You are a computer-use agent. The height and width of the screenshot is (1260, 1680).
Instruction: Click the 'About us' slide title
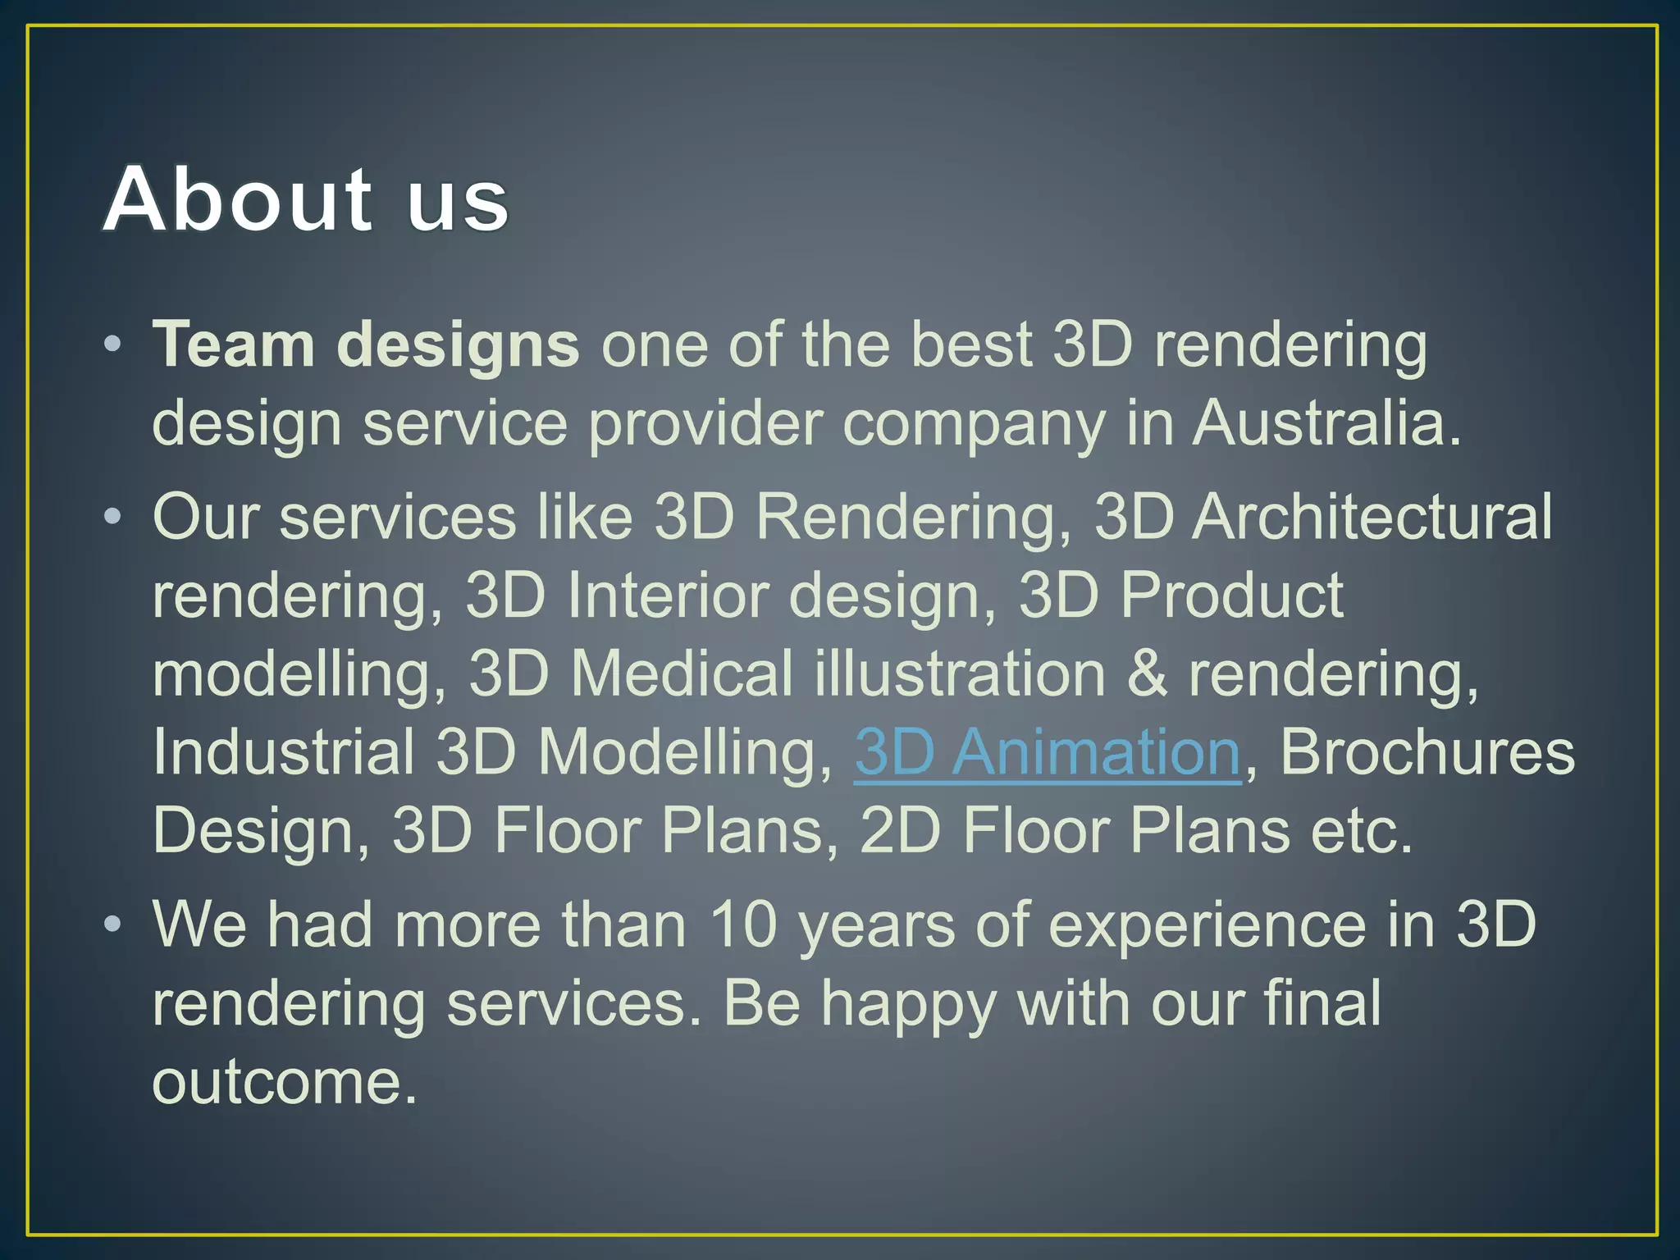pyautogui.click(x=305, y=199)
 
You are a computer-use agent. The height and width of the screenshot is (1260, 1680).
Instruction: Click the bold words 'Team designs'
pyautogui.click(x=366, y=345)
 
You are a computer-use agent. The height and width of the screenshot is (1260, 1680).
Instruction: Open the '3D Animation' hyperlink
pyautogui.click(x=1047, y=751)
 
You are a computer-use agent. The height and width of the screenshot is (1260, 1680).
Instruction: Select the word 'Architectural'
pyautogui.click(x=1372, y=517)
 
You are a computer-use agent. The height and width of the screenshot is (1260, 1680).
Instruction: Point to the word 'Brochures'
pyautogui.click(x=1427, y=751)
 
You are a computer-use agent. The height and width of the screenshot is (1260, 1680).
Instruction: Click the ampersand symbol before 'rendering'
pyautogui.click(x=1147, y=674)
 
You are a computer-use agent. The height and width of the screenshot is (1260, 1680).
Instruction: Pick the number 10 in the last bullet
pyautogui.click(x=742, y=925)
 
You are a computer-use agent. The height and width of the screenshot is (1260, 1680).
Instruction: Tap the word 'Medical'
pyautogui.click(x=682, y=674)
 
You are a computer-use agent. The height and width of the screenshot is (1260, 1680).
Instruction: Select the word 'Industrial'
pyautogui.click(x=284, y=751)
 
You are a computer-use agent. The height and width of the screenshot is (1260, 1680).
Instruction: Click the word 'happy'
pyautogui.click(x=909, y=1004)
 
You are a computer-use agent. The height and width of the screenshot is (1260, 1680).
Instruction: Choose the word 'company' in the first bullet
pyautogui.click(x=974, y=425)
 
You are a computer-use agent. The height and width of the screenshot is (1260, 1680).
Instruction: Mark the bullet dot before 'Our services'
pyautogui.click(x=113, y=517)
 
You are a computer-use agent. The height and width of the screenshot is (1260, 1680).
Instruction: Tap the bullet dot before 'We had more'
pyautogui.click(x=113, y=924)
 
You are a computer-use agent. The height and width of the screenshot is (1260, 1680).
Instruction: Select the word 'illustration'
pyautogui.click(x=960, y=674)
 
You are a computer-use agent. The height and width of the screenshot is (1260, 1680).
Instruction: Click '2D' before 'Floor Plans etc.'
pyautogui.click(x=899, y=830)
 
